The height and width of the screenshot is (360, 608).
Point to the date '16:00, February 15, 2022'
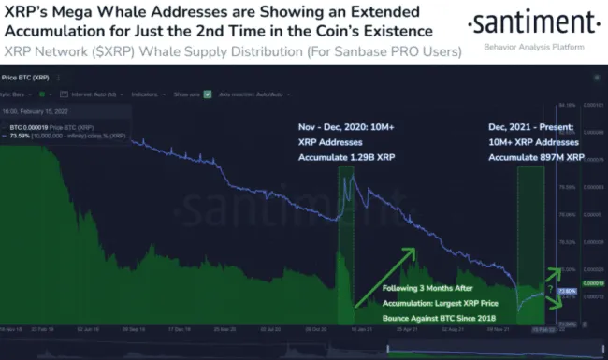(x=36, y=110)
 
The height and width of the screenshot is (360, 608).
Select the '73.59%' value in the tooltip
(x=20, y=135)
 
